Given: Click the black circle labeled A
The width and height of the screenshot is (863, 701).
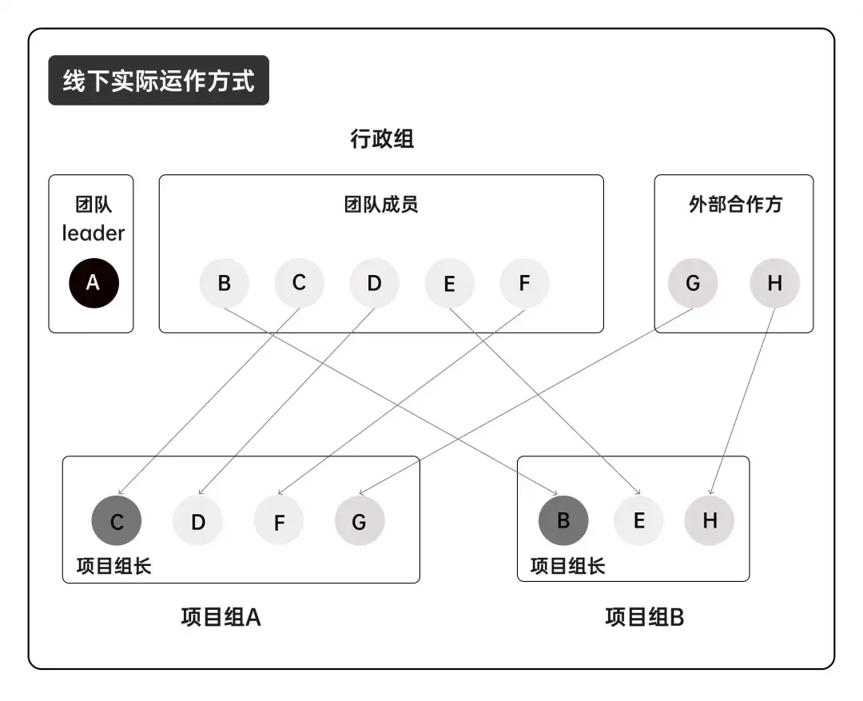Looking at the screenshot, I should coord(93,283).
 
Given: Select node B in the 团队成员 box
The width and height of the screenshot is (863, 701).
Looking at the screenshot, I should coord(225,283).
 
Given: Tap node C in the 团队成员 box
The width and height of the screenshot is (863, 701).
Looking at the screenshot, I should coord(299,282).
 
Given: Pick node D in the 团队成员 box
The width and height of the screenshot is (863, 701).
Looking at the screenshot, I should coord(374,283).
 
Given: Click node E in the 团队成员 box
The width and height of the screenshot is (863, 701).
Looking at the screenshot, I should coord(449,283).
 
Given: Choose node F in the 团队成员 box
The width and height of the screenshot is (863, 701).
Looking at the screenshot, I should coord(524,283).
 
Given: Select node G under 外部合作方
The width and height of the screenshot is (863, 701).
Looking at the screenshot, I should coord(693,283).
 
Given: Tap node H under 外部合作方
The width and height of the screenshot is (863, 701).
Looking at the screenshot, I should coord(774,283).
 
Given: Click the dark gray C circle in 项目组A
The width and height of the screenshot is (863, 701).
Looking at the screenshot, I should coord(117,522).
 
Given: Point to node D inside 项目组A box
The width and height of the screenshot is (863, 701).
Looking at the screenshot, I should coord(198,522).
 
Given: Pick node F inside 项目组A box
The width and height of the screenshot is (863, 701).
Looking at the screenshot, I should coord(279,522).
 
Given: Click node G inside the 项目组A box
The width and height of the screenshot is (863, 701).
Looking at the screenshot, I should coord(360,522).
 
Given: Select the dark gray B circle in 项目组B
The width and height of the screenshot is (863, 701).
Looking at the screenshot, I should coord(563,520).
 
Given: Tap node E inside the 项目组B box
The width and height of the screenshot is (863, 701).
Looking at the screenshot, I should coord(638,520).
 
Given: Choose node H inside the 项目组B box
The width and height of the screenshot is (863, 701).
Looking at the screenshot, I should coord(710,520).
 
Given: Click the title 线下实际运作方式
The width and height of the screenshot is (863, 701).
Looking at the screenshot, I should coord(159,81).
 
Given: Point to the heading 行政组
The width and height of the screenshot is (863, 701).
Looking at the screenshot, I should coord(382,139).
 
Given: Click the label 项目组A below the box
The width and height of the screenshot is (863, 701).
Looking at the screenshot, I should coord(221,617).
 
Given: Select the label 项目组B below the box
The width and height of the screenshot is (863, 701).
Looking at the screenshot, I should coord(644,617).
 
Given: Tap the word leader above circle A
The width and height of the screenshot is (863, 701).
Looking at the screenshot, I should coord(93,233).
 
